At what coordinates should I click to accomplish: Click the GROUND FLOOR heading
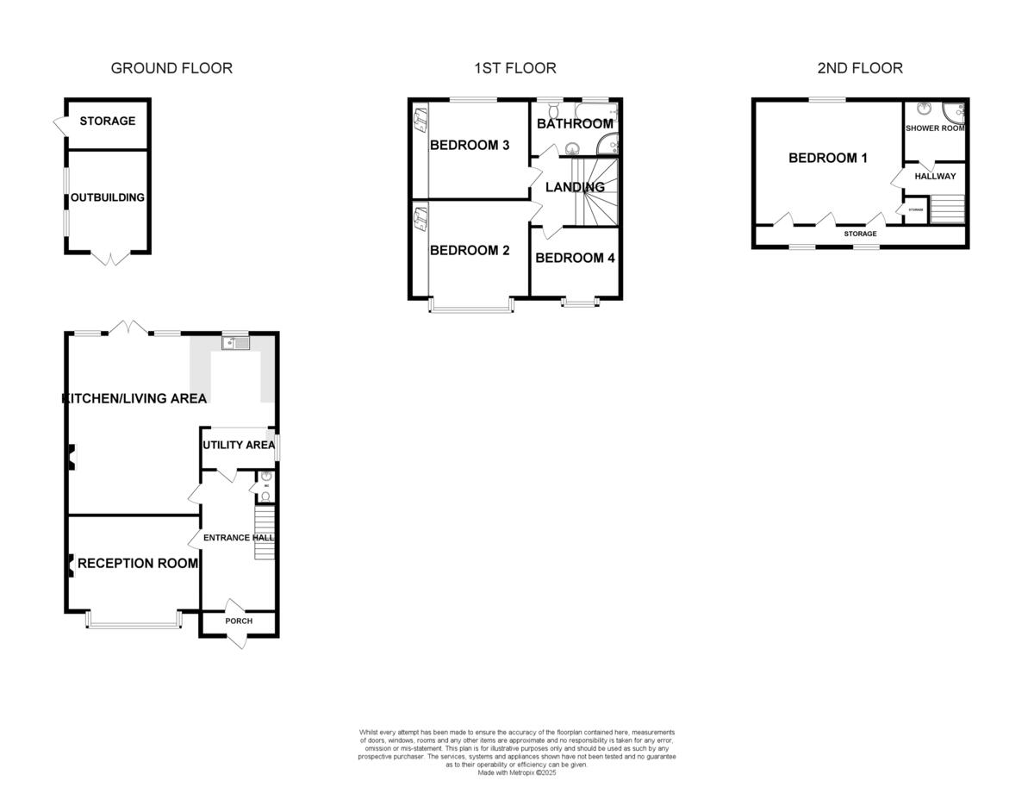coord(171,68)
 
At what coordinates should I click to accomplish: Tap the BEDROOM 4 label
coord(575,258)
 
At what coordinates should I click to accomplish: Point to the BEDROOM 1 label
coord(828,158)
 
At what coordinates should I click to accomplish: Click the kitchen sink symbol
coord(234,343)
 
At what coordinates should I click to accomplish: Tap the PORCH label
coord(239,621)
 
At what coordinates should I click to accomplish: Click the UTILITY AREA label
coord(238,445)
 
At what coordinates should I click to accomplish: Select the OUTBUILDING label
coord(108,197)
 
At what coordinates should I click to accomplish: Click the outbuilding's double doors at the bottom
coord(109,258)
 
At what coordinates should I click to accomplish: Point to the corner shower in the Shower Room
coord(955,113)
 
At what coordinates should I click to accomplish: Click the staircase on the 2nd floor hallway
coord(948,208)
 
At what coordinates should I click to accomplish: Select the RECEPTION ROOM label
coord(138,564)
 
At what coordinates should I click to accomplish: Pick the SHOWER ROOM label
coord(935,128)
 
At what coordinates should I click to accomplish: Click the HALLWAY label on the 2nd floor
coord(935,176)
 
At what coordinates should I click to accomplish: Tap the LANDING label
coord(575,187)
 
